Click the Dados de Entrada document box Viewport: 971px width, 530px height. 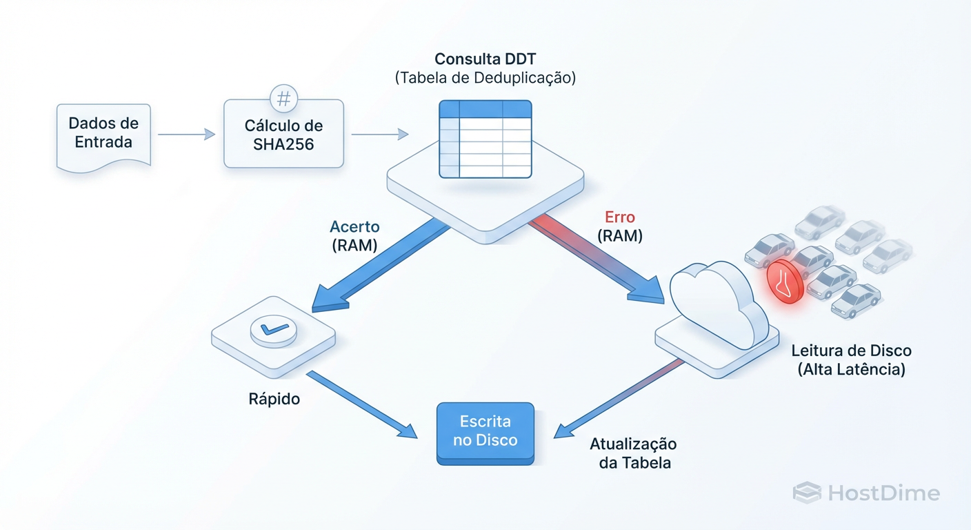tap(103, 134)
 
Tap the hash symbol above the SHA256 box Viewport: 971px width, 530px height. tap(283, 99)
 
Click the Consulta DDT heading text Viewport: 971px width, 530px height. tap(485, 59)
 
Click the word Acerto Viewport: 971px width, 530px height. tap(354, 226)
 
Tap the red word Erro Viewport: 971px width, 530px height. tap(619, 217)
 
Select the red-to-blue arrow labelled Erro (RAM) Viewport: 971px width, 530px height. tap(593, 259)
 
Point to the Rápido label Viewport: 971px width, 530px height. tap(274, 399)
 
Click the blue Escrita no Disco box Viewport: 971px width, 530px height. tap(485, 431)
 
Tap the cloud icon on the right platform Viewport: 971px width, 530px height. tap(717, 304)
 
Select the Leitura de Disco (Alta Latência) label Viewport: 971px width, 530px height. tap(851, 360)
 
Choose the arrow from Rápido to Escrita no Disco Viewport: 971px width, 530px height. tap(362, 405)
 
